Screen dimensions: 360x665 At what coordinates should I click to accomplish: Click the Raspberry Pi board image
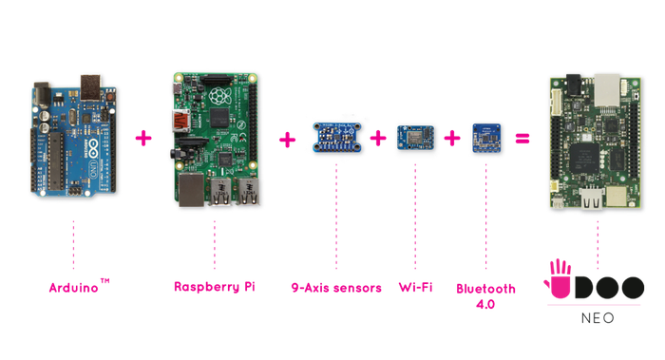pyautogui.click(x=214, y=139)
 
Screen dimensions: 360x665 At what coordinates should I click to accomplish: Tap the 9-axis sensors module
pyautogui.click(x=334, y=136)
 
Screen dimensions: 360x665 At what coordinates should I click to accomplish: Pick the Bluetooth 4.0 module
pyautogui.click(x=486, y=137)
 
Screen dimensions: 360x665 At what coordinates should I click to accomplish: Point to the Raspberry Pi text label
pyautogui.click(x=214, y=285)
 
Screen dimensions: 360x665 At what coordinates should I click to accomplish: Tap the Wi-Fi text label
pyautogui.click(x=415, y=285)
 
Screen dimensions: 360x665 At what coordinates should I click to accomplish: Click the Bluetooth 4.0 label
pyautogui.click(x=486, y=291)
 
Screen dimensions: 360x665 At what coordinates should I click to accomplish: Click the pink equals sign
pyautogui.click(x=522, y=139)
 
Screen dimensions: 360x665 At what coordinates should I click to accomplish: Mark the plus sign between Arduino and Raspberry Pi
pyautogui.click(x=142, y=139)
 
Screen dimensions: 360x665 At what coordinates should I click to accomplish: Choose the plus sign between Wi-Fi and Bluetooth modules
pyautogui.click(x=452, y=139)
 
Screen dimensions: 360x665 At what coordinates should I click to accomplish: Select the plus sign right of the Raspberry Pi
pyautogui.click(x=286, y=140)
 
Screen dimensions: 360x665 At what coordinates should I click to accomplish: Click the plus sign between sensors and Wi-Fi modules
pyautogui.click(x=380, y=139)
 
